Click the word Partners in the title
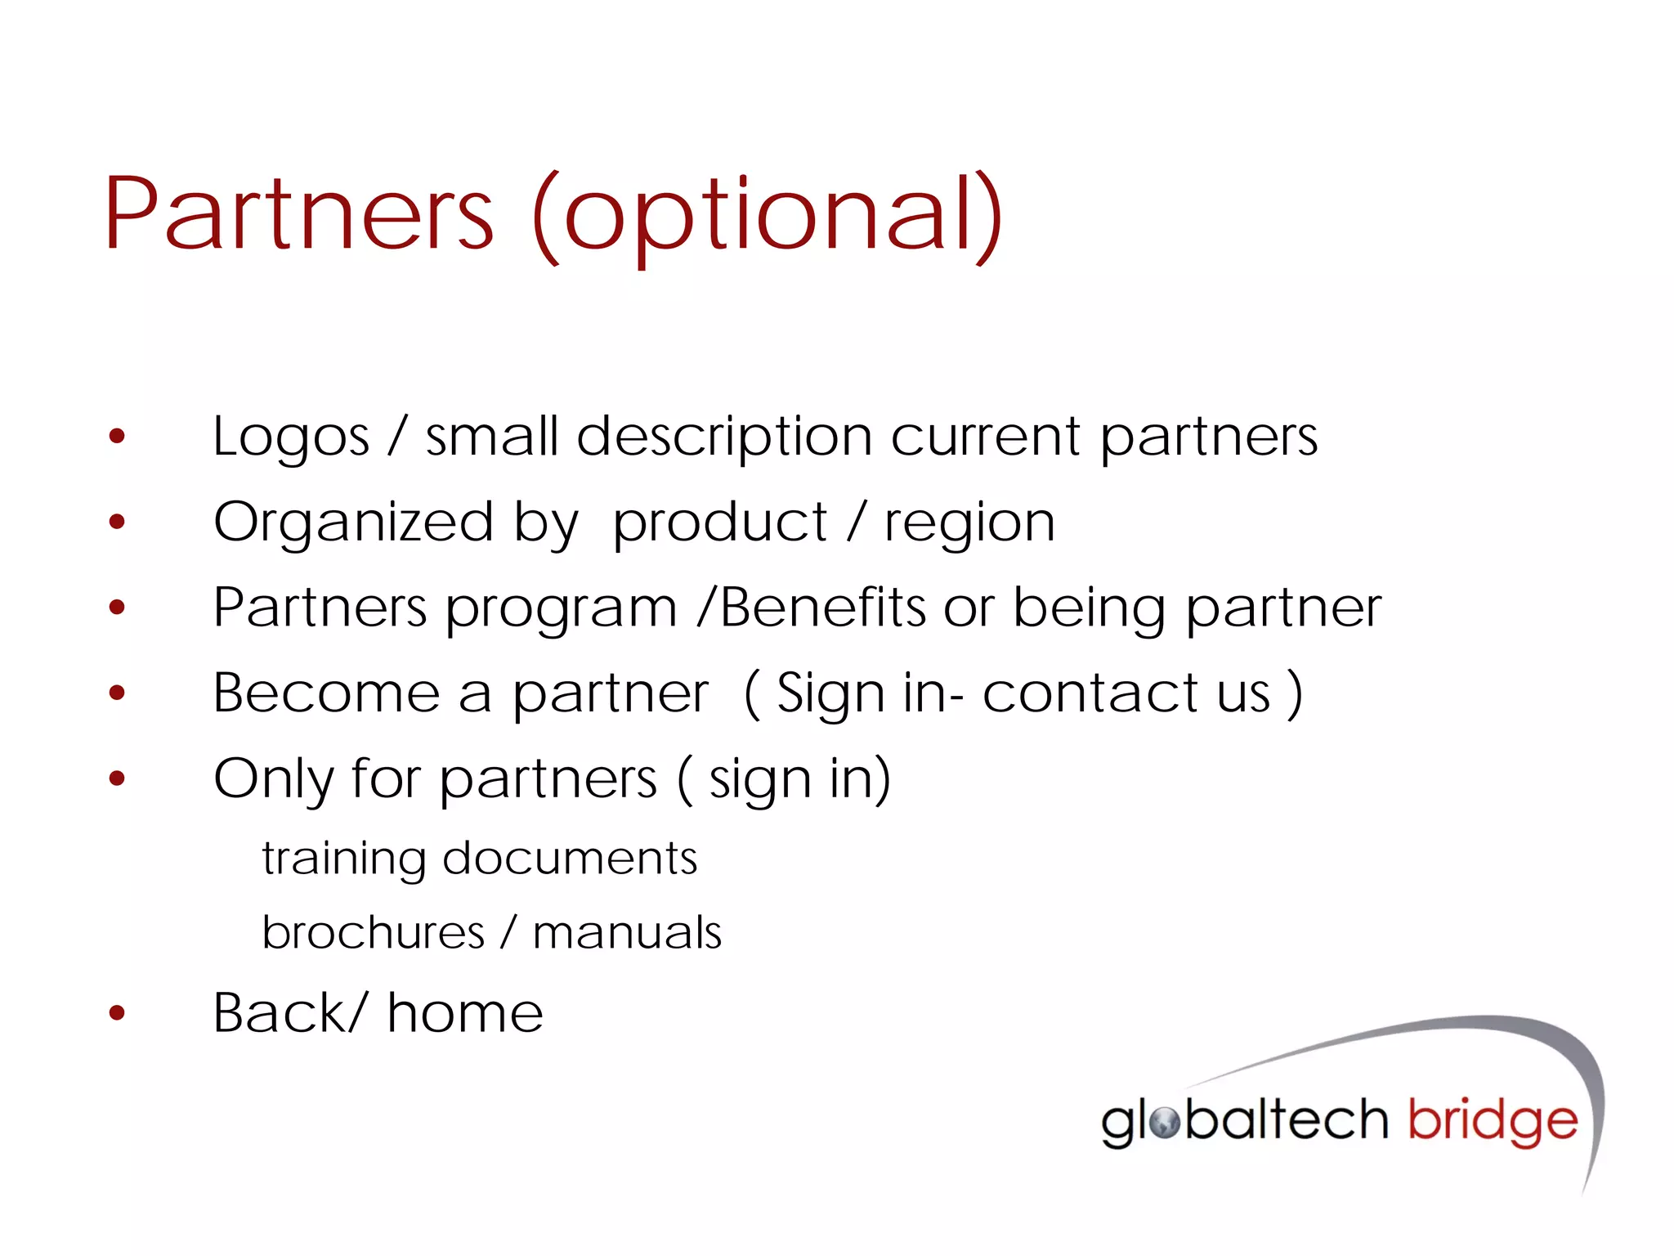click(299, 214)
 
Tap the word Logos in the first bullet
click(291, 437)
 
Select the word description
click(724, 437)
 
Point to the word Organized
click(353, 523)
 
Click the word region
click(969, 524)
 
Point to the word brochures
click(374, 933)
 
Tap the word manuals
click(627, 933)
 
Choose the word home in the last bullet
click(465, 1014)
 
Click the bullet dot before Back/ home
click(118, 1014)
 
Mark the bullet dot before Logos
click(118, 437)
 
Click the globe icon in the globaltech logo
click(1164, 1122)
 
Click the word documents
click(570, 859)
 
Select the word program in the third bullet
click(562, 610)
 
